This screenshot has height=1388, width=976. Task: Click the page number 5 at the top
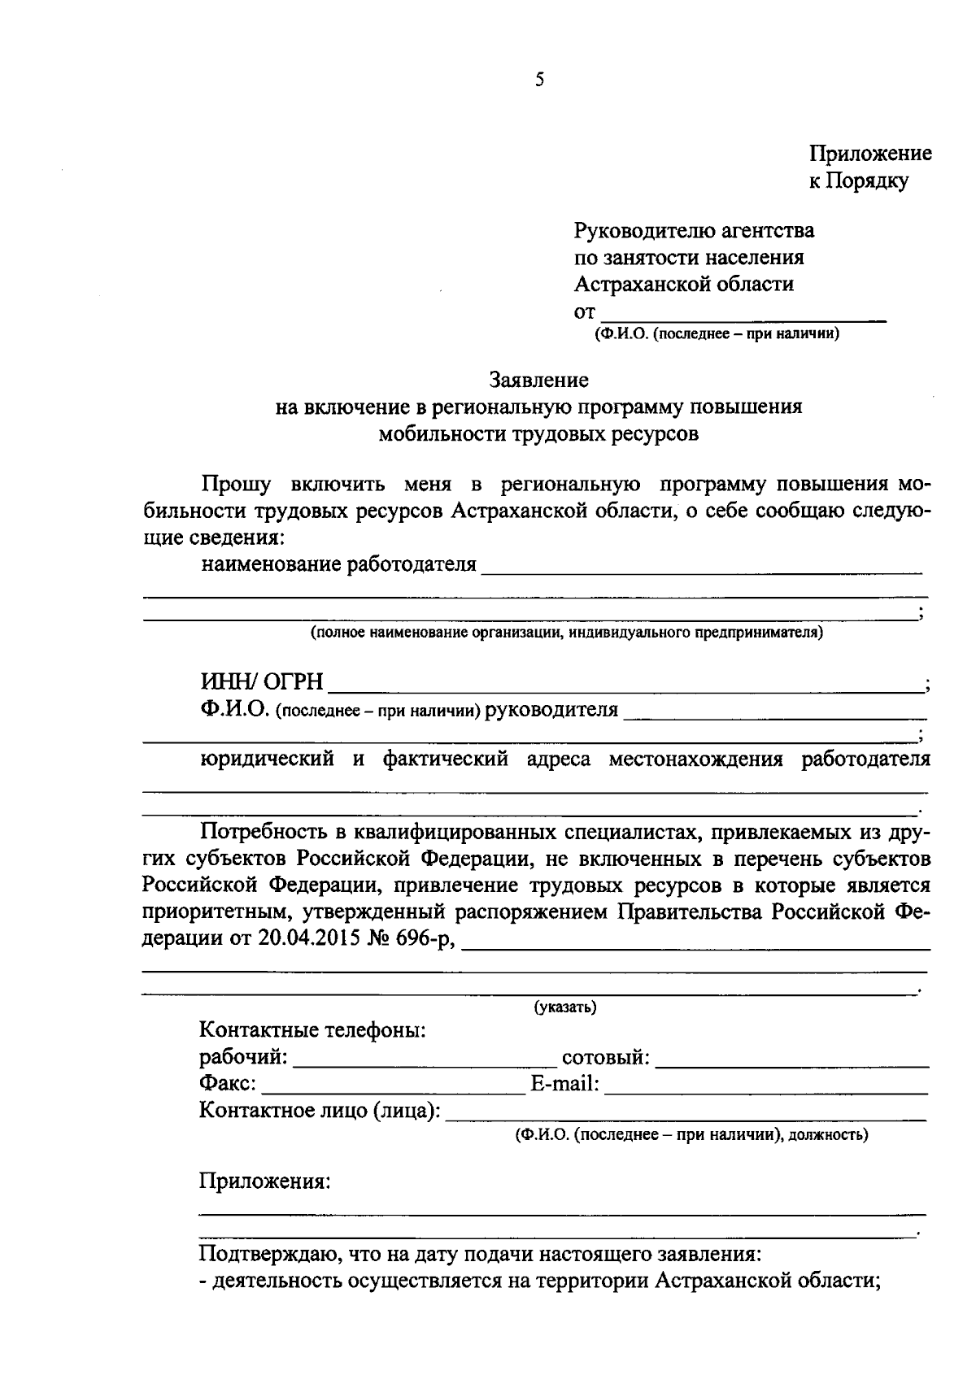pyautogui.click(x=539, y=80)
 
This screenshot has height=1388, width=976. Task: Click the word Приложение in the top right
pyautogui.click(x=869, y=154)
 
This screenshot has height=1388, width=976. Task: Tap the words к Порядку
pyautogui.click(x=858, y=181)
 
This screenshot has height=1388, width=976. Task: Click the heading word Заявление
pyautogui.click(x=538, y=380)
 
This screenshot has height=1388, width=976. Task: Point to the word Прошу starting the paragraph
pyautogui.click(x=236, y=485)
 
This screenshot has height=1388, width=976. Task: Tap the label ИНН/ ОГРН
pyautogui.click(x=262, y=681)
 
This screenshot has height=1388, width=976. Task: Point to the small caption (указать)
pyautogui.click(x=564, y=1007)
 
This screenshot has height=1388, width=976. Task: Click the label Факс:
pyautogui.click(x=228, y=1084)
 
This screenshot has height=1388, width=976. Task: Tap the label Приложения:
pyautogui.click(x=265, y=1181)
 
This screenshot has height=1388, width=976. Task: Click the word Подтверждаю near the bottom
pyautogui.click(x=268, y=1253)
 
